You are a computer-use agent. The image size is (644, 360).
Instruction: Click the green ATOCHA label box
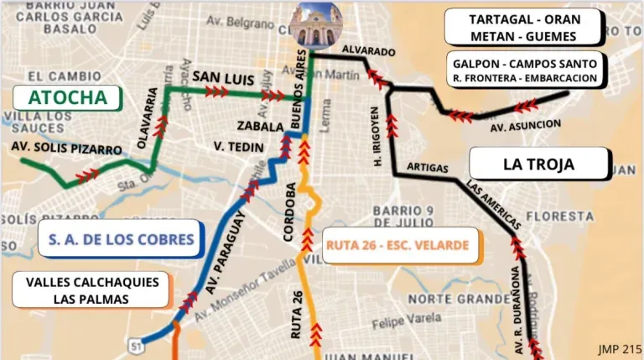(68, 97)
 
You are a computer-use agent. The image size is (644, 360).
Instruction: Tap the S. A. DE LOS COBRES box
(121, 239)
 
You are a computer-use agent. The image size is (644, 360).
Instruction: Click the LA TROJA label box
(538, 164)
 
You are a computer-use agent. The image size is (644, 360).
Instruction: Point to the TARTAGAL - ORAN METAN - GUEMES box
(523, 28)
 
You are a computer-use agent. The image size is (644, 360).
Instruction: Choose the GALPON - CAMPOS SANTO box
(525, 71)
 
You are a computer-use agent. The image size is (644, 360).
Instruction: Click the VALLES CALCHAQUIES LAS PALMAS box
(91, 290)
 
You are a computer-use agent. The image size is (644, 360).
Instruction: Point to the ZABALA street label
(260, 128)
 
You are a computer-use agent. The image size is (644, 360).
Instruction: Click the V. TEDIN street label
(239, 147)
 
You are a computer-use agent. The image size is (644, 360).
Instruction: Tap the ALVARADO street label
(368, 51)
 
